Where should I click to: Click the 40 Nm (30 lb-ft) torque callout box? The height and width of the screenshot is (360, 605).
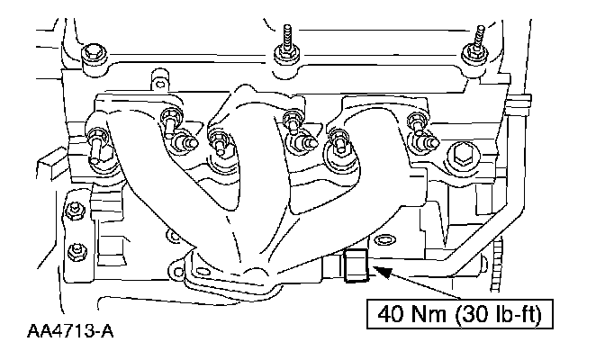(459, 314)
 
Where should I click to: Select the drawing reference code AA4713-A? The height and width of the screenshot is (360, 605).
(70, 331)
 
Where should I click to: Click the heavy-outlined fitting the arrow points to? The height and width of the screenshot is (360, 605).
(356, 265)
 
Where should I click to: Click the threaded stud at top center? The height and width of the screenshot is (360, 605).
(286, 43)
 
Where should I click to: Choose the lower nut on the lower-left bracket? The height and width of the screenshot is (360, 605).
(76, 253)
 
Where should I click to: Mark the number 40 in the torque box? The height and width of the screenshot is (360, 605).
(391, 314)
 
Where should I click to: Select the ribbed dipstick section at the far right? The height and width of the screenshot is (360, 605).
(497, 266)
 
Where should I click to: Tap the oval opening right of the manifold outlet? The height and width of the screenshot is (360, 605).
(384, 240)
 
